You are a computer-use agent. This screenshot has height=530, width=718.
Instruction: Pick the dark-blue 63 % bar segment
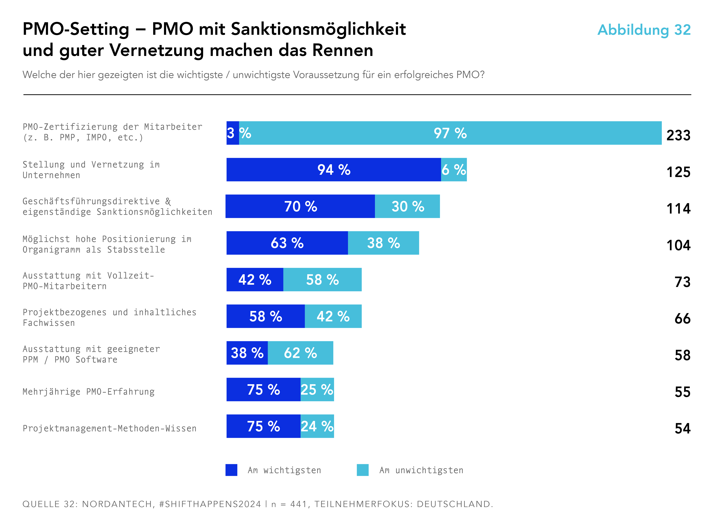(x=287, y=243)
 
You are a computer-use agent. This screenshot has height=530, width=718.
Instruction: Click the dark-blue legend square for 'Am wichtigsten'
(x=231, y=470)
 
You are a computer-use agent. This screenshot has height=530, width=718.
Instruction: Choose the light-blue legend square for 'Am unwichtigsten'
(x=362, y=470)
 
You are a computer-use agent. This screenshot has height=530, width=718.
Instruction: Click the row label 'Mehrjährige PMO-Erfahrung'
(x=88, y=392)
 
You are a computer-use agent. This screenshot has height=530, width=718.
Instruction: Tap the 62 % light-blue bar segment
(x=300, y=353)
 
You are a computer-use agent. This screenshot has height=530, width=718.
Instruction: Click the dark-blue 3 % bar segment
(x=232, y=133)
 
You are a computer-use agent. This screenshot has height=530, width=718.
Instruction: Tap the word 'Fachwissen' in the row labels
(x=49, y=323)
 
